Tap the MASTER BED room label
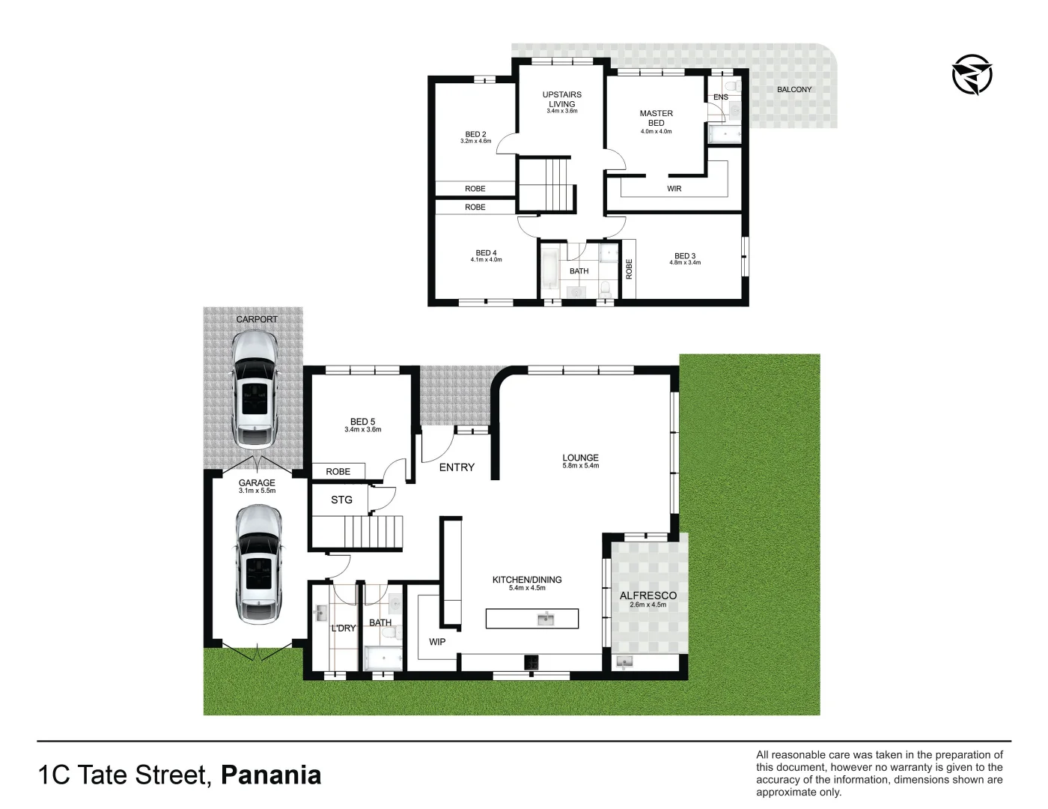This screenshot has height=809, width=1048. pyautogui.click(x=656, y=118)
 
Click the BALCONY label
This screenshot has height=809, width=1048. pyautogui.click(x=793, y=90)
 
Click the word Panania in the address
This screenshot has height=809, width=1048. pyautogui.click(x=272, y=775)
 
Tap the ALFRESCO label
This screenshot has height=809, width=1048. pyautogui.click(x=648, y=596)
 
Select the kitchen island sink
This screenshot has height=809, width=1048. pyautogui.click(x=544, y=619)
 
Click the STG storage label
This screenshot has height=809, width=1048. pyautogui.click(x=341, y=500)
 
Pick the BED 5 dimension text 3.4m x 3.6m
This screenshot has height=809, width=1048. pyautogui.click(x=363, y=430)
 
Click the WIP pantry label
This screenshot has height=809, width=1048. pyautogui.click(x=437, y=642)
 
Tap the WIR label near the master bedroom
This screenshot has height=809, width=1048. pyautogui.click(x=674, y=189)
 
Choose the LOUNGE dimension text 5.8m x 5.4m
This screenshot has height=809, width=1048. pyautogui.click(x=580, y=466)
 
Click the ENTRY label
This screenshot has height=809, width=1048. pyautogui.click(x=457, y=467)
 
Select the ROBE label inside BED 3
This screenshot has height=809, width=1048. pyautogui.click(x=629, y=268)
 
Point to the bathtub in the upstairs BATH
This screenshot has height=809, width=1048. pyautogui.click(x=548, y=271)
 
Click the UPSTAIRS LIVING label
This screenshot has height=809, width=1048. pyautogui.click(x=561, y=100)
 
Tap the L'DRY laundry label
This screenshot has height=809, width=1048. pyautogui.click(x=344, y=628)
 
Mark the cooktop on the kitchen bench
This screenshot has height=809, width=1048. pyautogui.click(x=532, y=661)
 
